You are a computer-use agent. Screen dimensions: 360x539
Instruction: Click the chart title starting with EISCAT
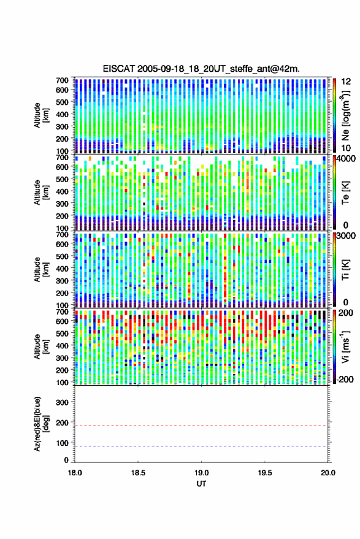click(201, 69)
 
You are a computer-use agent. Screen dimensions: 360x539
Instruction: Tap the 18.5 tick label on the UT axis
click(138, 473)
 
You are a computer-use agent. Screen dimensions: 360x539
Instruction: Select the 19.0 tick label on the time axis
click(201, 473)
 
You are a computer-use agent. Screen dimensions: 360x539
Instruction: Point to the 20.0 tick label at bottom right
click(328, 473)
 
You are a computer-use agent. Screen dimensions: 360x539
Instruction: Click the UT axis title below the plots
click(201, 484)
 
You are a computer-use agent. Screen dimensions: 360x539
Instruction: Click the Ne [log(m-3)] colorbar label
click(345, 115)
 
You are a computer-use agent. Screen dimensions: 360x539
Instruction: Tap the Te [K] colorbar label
click(345, 193)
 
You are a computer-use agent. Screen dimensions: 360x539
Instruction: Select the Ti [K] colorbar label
click(345, 270)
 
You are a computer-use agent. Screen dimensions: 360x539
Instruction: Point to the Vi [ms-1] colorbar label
click(345, 346)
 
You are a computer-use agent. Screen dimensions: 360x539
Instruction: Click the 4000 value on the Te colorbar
click(347, 159)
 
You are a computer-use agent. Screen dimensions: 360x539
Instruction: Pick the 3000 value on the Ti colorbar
click(347, 236)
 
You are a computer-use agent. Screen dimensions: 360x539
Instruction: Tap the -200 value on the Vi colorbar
click(344, 380)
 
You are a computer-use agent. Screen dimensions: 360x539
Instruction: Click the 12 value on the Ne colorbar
click(347, 82)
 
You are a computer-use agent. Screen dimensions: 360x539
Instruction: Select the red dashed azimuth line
click(201, 426)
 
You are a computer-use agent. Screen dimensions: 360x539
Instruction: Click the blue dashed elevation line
click(201, 446)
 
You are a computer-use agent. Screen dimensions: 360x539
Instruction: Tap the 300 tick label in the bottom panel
click(62, 402)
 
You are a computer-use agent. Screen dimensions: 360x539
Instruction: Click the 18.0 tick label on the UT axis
click(75, 473)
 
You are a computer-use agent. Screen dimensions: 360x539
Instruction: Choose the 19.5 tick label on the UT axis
click(265, 473)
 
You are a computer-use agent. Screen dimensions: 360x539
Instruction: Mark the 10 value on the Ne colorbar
click(347, 148)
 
